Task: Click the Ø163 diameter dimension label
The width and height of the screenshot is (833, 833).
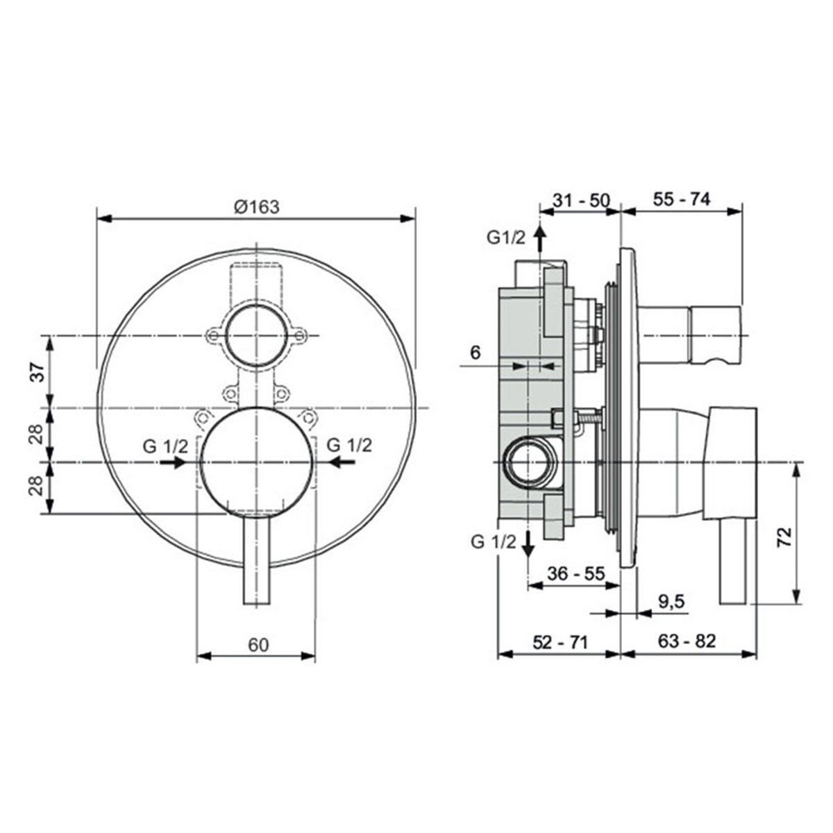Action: click(257, 207)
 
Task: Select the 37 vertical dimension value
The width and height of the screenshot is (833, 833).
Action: click(38, 372)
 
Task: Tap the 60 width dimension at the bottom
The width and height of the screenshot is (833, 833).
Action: click(258, 644)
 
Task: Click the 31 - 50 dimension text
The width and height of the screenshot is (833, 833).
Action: click(582, 200)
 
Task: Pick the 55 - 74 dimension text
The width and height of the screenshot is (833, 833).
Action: click(682, 199)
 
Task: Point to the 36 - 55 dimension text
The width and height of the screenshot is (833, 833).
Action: click(575, 573)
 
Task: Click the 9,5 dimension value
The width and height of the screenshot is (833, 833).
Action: click(672, 602)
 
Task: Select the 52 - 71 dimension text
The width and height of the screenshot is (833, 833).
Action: click(560, 642)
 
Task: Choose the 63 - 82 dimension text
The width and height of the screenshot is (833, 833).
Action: click(687, 641)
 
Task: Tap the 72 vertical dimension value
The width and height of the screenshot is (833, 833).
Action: click(784, 537)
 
